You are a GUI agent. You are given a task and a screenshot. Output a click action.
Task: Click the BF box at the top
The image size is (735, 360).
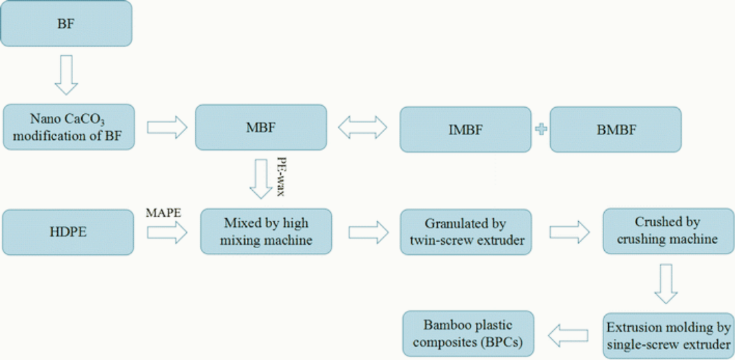(x=66, y=25)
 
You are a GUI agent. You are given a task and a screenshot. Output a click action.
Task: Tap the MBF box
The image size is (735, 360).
(x=261, y=127)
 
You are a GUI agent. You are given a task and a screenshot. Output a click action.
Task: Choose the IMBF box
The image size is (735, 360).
(x=465, y=130)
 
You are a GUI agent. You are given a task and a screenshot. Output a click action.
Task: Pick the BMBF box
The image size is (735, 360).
(x=615, y=130)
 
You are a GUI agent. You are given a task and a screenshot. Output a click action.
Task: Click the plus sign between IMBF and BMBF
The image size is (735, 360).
(x=541, y=130)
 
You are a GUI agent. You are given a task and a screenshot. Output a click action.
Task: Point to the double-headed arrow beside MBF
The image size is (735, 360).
(x=363, y=127)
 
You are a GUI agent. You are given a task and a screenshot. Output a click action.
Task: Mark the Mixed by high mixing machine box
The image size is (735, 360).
(x=266, y=232)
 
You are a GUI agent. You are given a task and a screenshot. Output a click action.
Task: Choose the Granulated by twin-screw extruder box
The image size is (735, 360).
(x=465, y=232)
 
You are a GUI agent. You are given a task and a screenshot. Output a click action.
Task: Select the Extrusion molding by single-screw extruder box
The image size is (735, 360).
(x=666, y=335)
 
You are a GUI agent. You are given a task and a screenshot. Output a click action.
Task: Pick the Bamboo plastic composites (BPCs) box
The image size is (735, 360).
(x=468, y=333)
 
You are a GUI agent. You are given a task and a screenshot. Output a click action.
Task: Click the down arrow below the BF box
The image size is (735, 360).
(x=66, y=74)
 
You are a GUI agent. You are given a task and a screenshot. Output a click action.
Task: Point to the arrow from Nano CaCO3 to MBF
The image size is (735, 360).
(x=166, y=127)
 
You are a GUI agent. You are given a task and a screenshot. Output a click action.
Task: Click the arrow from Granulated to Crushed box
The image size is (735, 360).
(x=569, y=232)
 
